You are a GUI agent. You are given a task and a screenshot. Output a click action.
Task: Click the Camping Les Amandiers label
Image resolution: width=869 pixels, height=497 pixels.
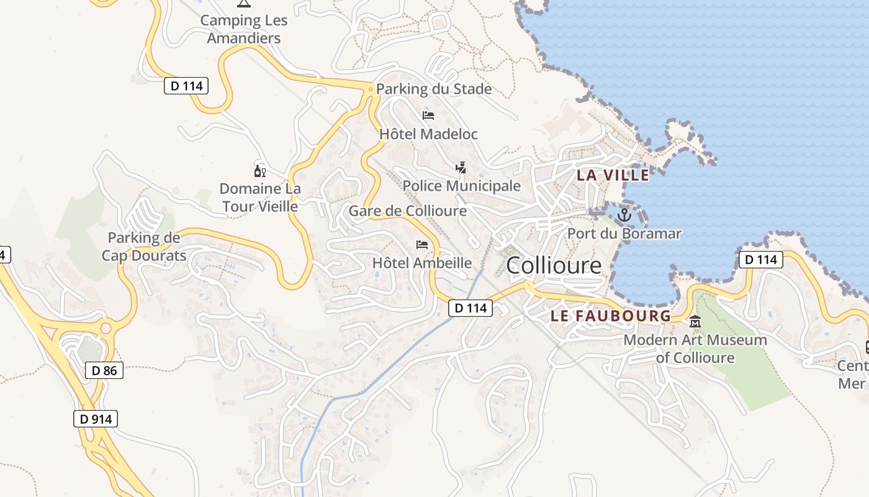tap(244, 29)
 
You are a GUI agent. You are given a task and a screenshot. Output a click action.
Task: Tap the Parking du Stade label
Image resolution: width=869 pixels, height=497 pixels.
tap(434, 89)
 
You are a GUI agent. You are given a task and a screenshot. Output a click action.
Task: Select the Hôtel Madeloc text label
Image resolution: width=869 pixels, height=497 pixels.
tap(428, 134)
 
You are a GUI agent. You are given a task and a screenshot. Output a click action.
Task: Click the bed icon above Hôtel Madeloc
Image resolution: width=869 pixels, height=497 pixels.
tap(428, 115)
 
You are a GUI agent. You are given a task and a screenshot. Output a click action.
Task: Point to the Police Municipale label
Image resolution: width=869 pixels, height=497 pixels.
tap(461, 186)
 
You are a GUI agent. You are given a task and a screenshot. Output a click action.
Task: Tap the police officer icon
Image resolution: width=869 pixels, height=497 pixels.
tap(461, 167)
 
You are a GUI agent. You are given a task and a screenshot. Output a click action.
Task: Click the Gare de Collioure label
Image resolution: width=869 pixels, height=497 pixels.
tap(407, 211)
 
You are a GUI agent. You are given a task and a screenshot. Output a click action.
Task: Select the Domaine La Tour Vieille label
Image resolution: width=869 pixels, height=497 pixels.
tap(260, 197)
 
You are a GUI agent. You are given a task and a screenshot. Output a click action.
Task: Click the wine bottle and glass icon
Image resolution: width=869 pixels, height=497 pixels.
tap(259, 170)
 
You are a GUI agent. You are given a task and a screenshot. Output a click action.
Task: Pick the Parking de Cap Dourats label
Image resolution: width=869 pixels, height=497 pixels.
tap(144, 246)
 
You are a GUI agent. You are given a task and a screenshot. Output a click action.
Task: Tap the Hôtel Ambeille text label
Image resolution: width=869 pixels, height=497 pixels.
tap(422, 263)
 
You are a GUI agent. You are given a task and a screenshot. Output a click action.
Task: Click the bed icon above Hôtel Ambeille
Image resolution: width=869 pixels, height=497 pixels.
tap(422, 244)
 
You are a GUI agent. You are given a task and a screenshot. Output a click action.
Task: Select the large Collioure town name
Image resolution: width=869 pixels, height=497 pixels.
tap(554, 265)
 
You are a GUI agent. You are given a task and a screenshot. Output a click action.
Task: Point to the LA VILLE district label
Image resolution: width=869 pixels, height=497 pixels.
tap(613, 175)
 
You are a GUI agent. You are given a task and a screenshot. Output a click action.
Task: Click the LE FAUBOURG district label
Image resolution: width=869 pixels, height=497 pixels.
tap(611, 316)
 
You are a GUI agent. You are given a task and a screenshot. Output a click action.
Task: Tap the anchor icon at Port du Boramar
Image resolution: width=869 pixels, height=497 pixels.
tap(624, 216)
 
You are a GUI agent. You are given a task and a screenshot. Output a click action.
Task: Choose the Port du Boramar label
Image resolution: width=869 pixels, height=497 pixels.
tap(624, 234)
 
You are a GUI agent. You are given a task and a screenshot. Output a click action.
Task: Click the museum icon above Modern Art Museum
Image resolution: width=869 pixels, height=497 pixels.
tap(695, 322)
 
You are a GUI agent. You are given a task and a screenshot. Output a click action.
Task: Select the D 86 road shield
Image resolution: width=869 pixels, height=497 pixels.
tap(104, 371)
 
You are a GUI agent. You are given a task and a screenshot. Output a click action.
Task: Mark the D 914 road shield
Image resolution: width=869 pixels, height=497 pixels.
tap(96, 419)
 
